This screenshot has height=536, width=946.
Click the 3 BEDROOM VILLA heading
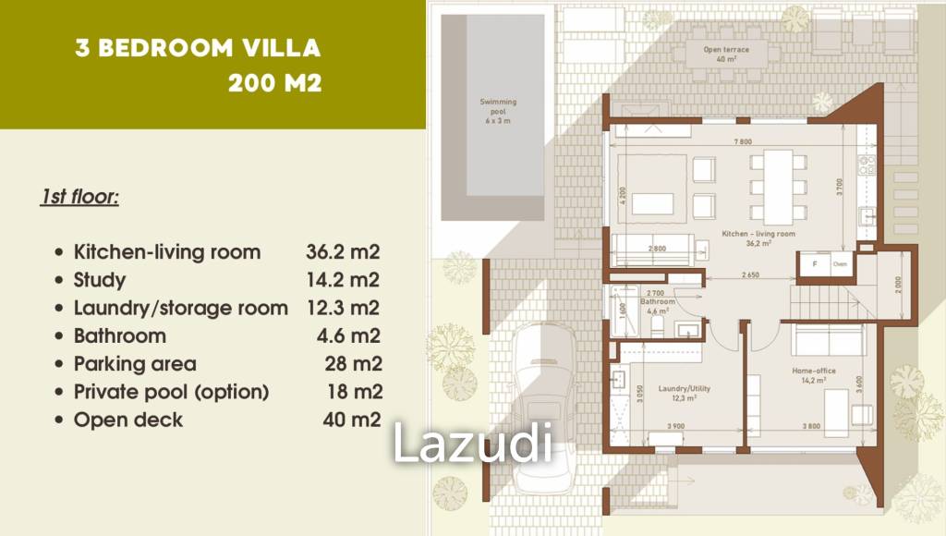199,49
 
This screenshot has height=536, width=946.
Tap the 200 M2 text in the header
275,83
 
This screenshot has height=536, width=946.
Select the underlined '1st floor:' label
79,197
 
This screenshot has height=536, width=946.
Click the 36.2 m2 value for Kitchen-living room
343,252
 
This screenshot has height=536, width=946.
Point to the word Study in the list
100,280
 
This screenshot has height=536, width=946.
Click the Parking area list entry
135,363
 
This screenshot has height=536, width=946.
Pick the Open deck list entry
128,420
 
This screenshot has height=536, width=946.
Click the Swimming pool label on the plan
498,110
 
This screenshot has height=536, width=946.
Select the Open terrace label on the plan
726,54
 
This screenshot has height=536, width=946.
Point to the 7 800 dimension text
743,141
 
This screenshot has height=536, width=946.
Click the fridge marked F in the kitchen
814,263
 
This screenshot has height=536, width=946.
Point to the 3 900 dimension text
677,426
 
